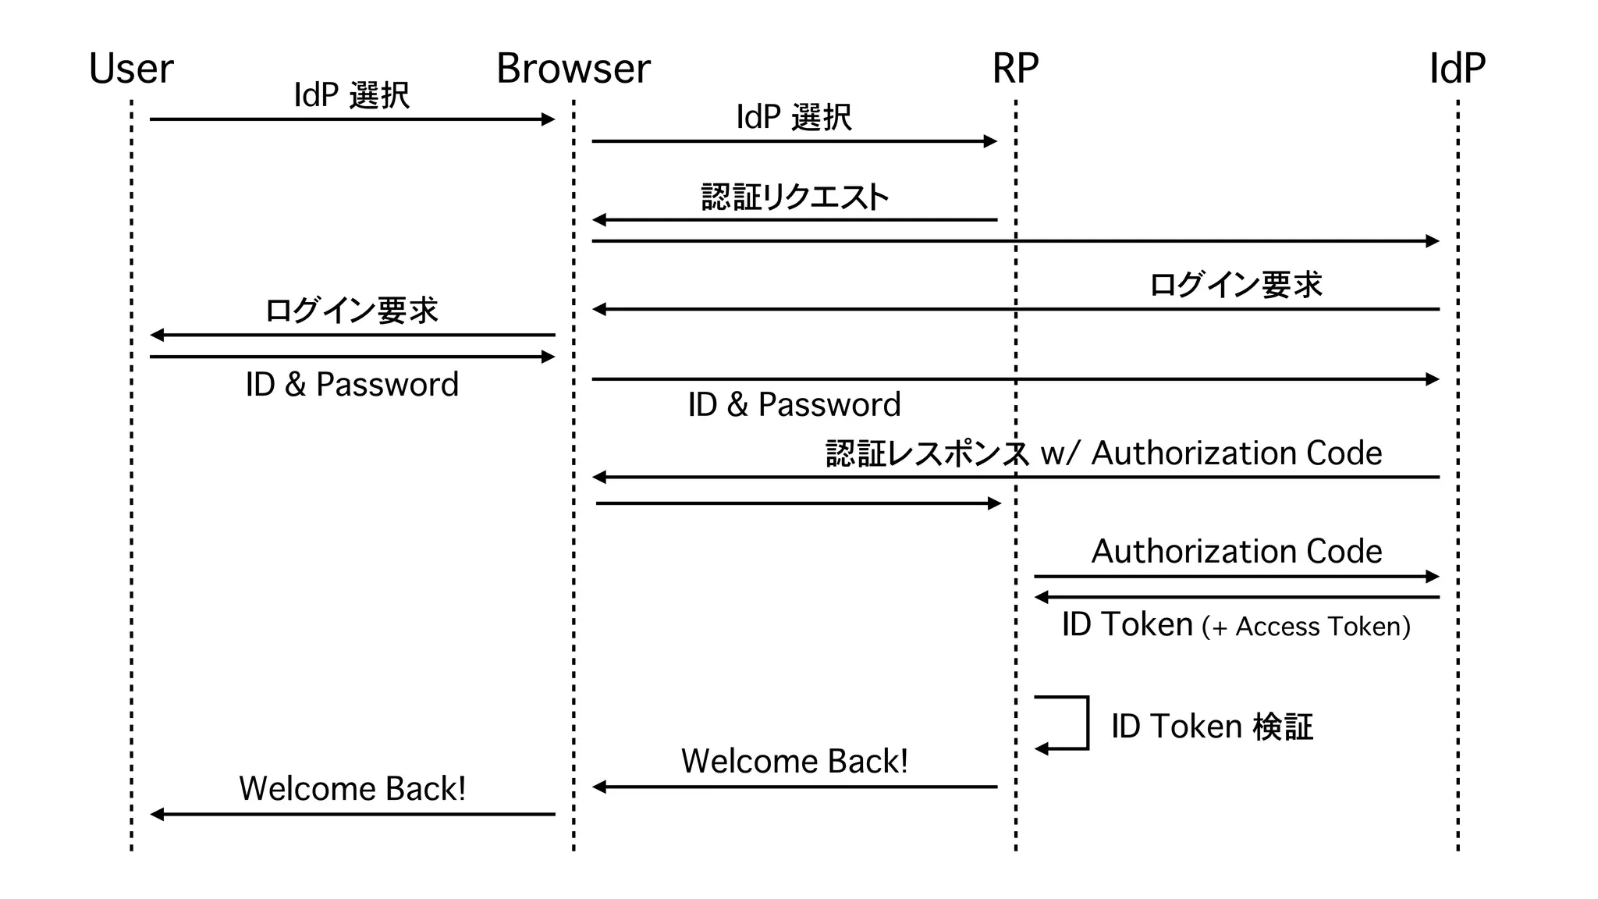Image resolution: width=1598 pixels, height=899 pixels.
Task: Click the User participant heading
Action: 131,69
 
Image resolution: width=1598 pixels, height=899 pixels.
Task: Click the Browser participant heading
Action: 573,69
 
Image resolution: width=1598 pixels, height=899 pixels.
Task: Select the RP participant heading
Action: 1015,69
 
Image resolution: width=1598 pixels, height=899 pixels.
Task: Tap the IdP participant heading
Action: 1457,69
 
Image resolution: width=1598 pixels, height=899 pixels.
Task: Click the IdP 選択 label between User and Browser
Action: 351,95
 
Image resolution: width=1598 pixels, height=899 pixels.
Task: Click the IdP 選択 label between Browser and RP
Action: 794,117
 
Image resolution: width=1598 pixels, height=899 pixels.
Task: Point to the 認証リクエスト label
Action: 794,197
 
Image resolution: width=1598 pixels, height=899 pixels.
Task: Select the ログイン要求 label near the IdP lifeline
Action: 1236,285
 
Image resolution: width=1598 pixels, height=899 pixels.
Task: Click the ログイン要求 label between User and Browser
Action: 351,311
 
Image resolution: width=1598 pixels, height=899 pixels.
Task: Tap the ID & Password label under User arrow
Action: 352,384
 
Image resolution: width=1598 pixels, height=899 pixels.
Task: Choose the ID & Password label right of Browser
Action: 794,404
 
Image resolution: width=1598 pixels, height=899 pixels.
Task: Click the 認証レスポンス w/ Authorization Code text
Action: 1103,453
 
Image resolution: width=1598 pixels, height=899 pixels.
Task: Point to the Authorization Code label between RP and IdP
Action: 1236,551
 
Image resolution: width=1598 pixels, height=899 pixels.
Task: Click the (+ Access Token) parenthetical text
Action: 1306,627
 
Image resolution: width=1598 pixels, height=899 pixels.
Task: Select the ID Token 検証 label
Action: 1212,727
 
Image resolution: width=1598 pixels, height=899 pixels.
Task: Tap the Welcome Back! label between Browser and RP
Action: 794,761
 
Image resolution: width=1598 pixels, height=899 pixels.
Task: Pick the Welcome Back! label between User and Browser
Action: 352,788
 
